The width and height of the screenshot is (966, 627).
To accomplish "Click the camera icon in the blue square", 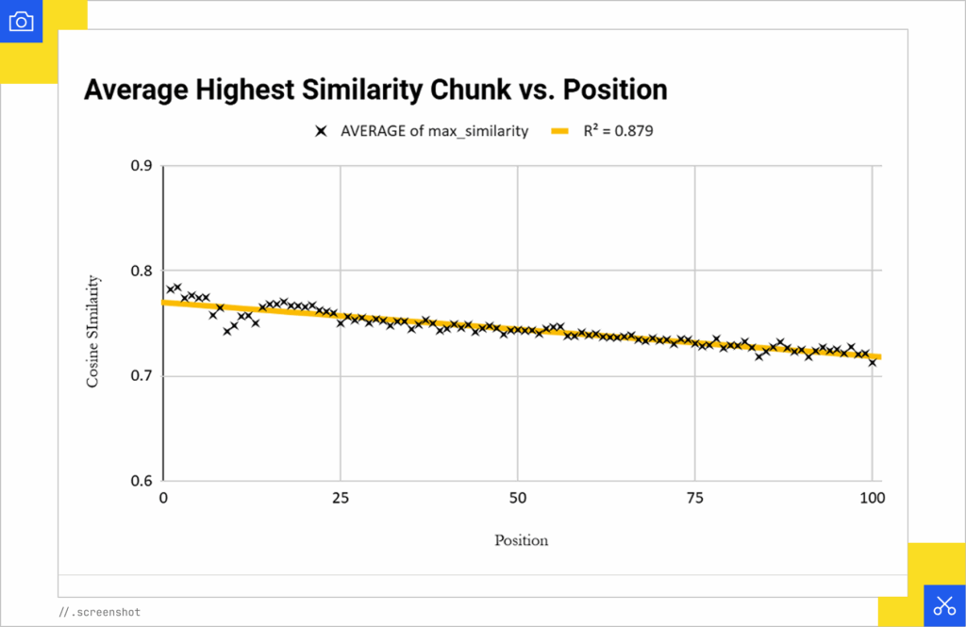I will point(21,21).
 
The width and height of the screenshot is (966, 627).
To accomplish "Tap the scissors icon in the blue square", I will point(944,606).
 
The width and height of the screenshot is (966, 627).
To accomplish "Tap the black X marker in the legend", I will point(323,132).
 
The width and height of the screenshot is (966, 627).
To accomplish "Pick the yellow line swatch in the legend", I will point(559,132).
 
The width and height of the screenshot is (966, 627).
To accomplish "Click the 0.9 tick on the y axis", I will point(141,166).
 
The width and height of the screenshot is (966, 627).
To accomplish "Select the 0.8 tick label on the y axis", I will point(141,272).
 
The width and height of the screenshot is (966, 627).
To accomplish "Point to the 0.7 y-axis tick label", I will point(141,376).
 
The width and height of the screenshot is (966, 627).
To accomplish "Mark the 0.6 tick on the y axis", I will point(141,481).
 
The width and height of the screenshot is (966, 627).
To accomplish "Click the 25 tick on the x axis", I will point(341,497).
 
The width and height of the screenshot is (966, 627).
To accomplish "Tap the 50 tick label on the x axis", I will point(518,497).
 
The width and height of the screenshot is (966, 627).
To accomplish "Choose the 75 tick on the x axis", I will point(695,497).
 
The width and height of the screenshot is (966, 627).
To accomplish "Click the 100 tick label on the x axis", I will point(872,497).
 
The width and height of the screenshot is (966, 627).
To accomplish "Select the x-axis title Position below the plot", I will point(521,541).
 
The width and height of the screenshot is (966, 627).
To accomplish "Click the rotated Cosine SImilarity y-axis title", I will point(93,330).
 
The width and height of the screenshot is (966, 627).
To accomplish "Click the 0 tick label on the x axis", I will point(163,497).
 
